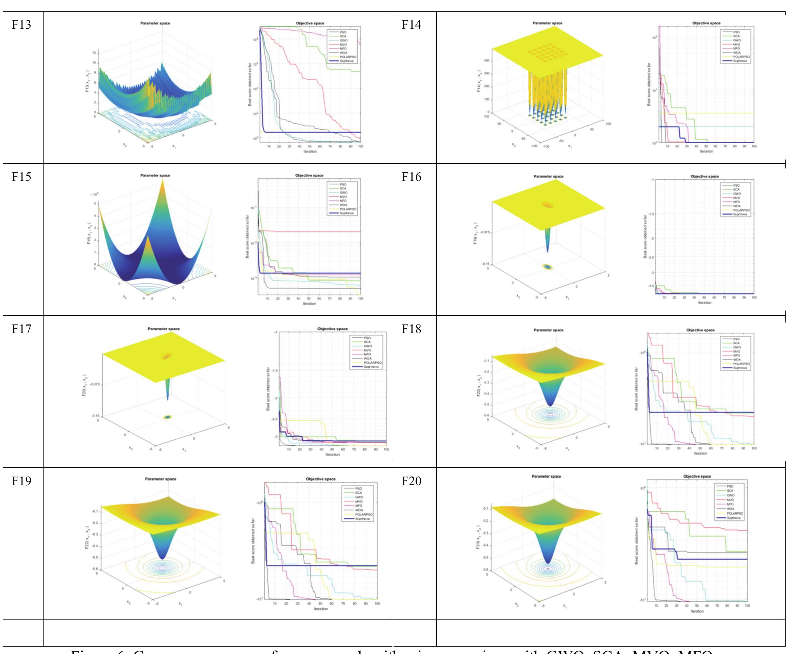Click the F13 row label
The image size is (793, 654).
[21, 25]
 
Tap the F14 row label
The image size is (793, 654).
[411, 25]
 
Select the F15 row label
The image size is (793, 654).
[21, 177]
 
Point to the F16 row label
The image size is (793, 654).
[411, 177]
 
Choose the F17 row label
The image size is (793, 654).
[21, 329]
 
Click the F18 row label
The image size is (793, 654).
[411, 329]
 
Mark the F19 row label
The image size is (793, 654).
[21, 481]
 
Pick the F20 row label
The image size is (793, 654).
[411, 481]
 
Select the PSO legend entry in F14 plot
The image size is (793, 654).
[736, 32]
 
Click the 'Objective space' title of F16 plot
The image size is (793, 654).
[705, 176]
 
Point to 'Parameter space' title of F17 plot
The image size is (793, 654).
[163, 329]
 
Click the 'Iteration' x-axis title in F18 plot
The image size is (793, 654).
[700, 453]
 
